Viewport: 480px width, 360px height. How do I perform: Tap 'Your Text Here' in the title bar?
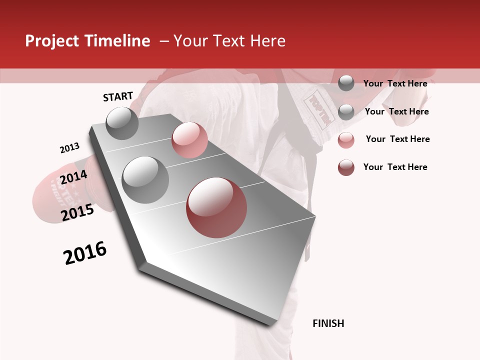click(229, 41)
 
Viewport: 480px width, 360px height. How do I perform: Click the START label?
click(118, 96)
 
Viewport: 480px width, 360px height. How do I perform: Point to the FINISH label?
click(328, 323)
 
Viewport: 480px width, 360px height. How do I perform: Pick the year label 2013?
click(69, 148)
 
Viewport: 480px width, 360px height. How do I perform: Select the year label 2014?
click(73, 177)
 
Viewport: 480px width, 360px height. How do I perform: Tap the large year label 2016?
click(85, 253)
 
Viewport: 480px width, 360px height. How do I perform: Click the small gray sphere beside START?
click(122, 123)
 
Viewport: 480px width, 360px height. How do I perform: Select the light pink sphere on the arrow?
click(189, 140)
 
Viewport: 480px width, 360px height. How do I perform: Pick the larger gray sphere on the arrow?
click(145, 179)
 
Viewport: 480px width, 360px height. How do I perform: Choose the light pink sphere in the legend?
click(346, 140)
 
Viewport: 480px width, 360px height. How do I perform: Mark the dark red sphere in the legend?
click(346, 167)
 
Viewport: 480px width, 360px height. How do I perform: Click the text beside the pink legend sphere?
click(397, 139)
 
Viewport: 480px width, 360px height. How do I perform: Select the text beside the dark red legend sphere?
click(395, 167)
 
